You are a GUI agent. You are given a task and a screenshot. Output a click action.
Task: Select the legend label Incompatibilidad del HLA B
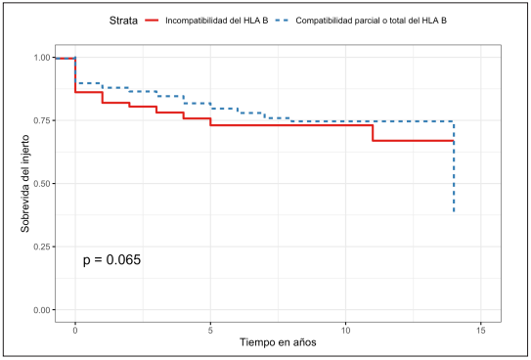pos(222,19)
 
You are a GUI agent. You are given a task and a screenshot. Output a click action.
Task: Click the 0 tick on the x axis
pos(75,331)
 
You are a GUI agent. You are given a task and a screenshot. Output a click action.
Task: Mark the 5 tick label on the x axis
pos(210,331)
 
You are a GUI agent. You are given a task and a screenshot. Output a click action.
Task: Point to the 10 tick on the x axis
pos(345,331)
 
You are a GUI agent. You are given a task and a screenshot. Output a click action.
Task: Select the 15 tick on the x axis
pos(480,331)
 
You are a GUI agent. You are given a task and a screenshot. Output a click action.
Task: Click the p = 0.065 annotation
pos(111,260)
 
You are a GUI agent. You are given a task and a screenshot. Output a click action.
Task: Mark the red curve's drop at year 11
pos(373,133)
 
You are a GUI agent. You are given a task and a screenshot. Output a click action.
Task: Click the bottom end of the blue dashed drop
pos(454,212)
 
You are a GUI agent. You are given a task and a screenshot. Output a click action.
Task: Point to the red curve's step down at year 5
pos(210,122)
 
